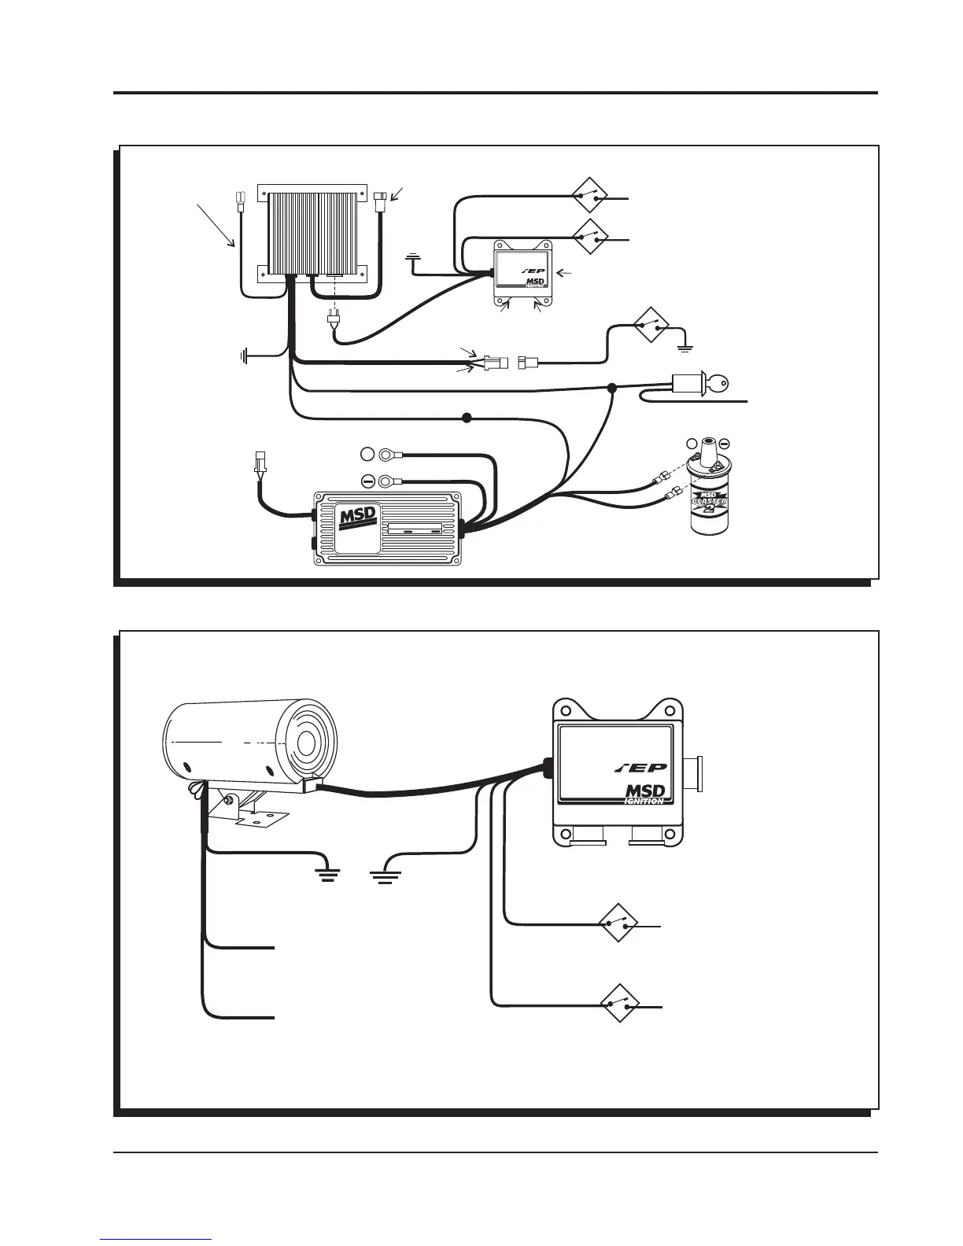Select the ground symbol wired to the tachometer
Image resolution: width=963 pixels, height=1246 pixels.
click(323, 872)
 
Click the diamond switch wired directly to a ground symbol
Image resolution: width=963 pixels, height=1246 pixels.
click(652, 325)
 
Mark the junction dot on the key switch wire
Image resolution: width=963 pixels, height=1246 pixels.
click(612, 387)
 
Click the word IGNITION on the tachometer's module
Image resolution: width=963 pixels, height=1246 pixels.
click(644, 801)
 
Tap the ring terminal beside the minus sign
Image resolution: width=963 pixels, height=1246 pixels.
click(389, 481)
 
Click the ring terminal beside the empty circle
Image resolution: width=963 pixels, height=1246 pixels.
click(389, 454)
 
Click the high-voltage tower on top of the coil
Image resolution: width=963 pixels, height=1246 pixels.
click(708, 449)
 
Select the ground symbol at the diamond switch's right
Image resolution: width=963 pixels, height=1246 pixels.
click(685, 345)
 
